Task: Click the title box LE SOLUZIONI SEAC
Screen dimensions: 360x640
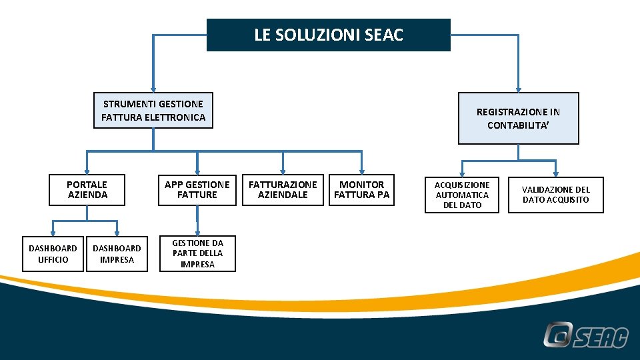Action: pyautogui.click(x=328, y=35)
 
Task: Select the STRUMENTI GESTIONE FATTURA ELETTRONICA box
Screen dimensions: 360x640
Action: pyautogui.click(x=153, y=111)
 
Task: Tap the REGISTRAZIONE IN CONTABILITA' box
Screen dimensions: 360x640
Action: pyautogui.click(x=518, y=119)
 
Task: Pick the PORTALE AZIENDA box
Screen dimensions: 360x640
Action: pyautogui.click(x=87, y=190)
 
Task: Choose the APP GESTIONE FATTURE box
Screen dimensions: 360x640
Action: pyautogui.click(x=197, y=190)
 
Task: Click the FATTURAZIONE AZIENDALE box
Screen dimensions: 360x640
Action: pyautogui.click(x=283, y=190)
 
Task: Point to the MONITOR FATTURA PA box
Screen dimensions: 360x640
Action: pyautogui.click(x=361, y=190)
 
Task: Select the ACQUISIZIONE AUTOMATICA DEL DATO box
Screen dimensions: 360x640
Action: pyautogui.click(x=462, y=195)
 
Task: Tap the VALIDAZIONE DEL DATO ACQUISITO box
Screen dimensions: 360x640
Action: pyautogui.click(x=555, y=195)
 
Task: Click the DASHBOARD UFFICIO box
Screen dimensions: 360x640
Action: pyautogui.click(x=53, y=254)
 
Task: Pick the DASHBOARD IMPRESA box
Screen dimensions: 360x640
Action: pyautogui.click(x=117, y=254)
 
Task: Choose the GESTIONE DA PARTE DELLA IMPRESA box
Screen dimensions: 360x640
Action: pyautogui.click(x=197, y=254)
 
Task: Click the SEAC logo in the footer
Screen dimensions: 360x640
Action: pyautogui.click(x=585, y=335)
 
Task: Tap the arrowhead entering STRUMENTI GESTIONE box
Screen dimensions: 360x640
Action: pyautogui.click(x=153, y=88)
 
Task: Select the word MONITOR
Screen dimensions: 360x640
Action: pyautogui.click(x=361, y=185)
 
